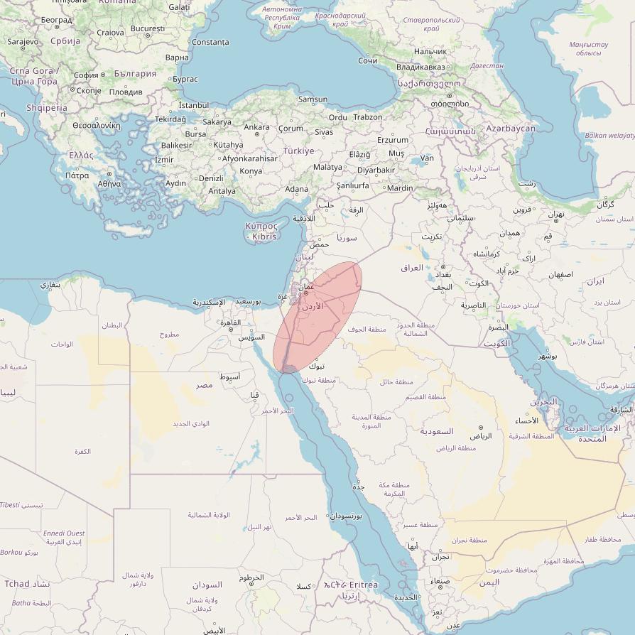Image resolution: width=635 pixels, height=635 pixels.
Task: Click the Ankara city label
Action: pos(256,127)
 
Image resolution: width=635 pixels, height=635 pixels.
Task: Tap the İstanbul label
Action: pos(194,105)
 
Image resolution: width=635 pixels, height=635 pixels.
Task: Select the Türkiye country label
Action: pos(298,151)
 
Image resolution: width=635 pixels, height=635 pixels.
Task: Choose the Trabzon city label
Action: pos(368,116)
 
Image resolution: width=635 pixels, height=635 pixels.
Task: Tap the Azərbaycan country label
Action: pos(511,128)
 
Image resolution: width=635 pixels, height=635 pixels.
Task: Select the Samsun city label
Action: pos(313,99)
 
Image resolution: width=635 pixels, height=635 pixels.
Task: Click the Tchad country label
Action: pos(18,583)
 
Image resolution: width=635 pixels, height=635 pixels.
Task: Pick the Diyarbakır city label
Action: pos(376,170)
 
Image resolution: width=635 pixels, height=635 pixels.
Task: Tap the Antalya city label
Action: pos(222,190)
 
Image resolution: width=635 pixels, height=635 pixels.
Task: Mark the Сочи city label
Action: pos(367,61)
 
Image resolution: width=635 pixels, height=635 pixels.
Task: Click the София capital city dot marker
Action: pos(103,74)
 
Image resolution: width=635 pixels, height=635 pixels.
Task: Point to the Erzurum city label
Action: pos(393,140)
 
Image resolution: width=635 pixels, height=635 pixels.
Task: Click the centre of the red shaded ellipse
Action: pos(317,317)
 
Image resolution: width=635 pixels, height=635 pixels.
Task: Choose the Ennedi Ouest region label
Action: pos(64,533)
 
